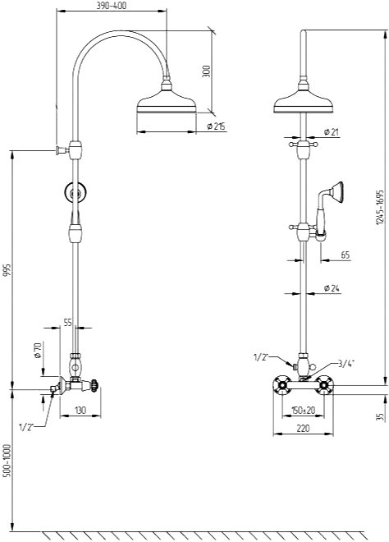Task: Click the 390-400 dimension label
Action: coord(112,6)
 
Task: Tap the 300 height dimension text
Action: coord(206,71)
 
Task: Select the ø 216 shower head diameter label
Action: coord(216,126)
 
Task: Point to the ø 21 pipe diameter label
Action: coord(332,131)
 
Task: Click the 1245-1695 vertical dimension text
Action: coord(380,207)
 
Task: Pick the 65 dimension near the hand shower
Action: coord(346,255)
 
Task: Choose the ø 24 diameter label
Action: coord(332,288)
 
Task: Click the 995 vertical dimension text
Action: coord(7,270)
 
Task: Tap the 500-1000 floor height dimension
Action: coord(7,461)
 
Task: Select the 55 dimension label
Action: coord(68,323)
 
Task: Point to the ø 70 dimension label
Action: coord(38,350)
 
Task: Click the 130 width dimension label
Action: coord(80,411)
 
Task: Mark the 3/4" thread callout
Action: coord(346,363)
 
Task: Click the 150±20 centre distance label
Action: coord(304,411)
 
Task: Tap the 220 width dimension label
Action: coord(303,429)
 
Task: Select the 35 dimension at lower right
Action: coord(380,416)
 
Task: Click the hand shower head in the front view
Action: coord(336,191)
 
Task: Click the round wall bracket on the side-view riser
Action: coord(75,192)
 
